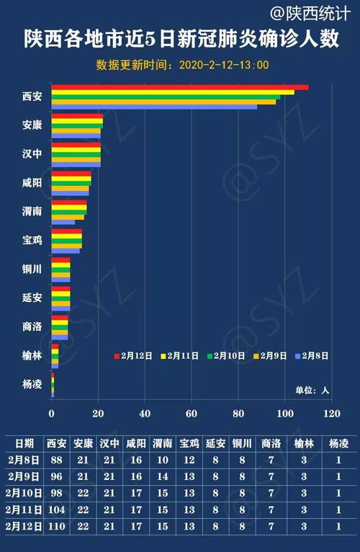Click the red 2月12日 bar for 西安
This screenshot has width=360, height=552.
coord(180,87)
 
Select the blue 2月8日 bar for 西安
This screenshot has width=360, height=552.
coord(154,107)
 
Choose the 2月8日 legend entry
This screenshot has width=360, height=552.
coord(312,355)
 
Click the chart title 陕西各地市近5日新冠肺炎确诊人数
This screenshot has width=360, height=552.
coord(180,38)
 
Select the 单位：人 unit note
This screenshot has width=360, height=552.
coord(311,390)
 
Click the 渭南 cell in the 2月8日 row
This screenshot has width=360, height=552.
coord(163,460)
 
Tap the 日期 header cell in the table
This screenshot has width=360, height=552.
coord(24,443)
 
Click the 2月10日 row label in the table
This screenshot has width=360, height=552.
coord(24,493)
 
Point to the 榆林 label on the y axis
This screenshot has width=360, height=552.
coord(32,355)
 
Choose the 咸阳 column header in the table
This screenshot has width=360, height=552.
coord(136,443)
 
